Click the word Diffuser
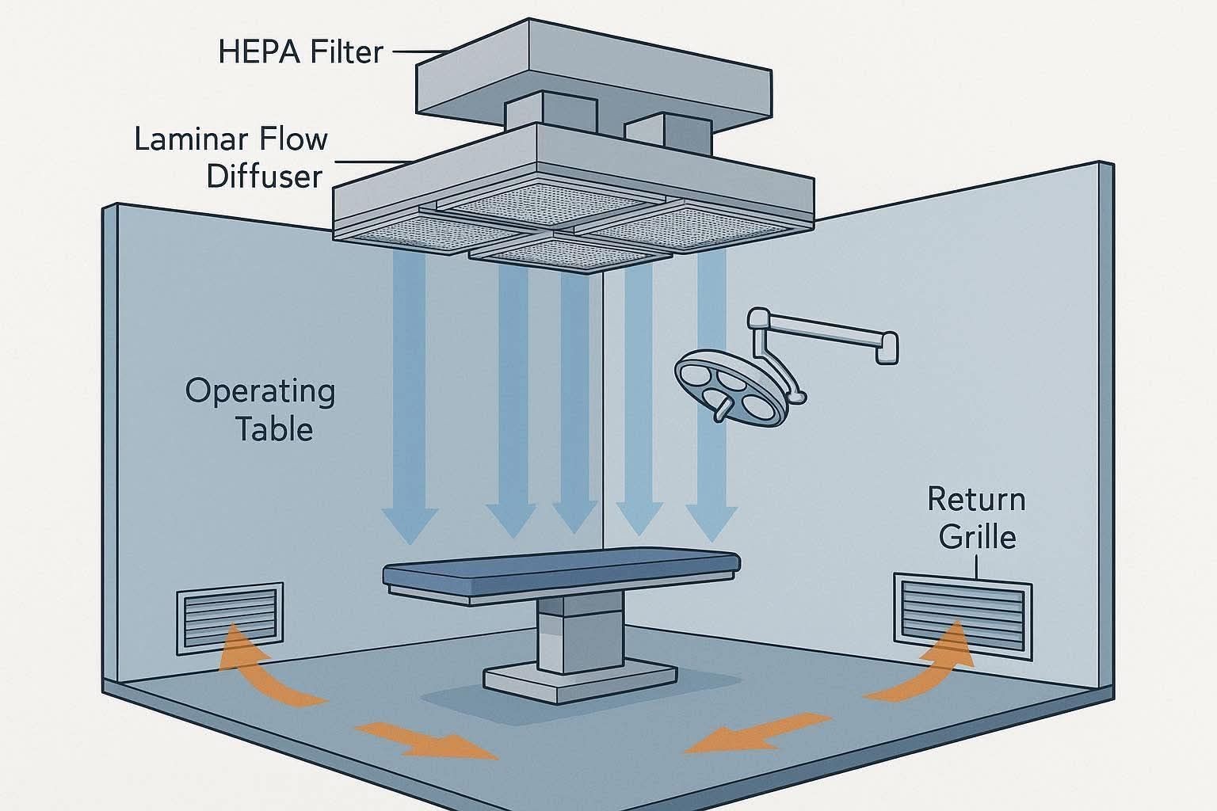coord(265,176)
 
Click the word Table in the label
coord(274,429)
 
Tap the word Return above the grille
coord(976,499)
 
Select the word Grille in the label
coord(978,537)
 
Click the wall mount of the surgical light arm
coord(887,348)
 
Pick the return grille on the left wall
coord(230,619)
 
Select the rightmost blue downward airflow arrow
coord(712,397)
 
